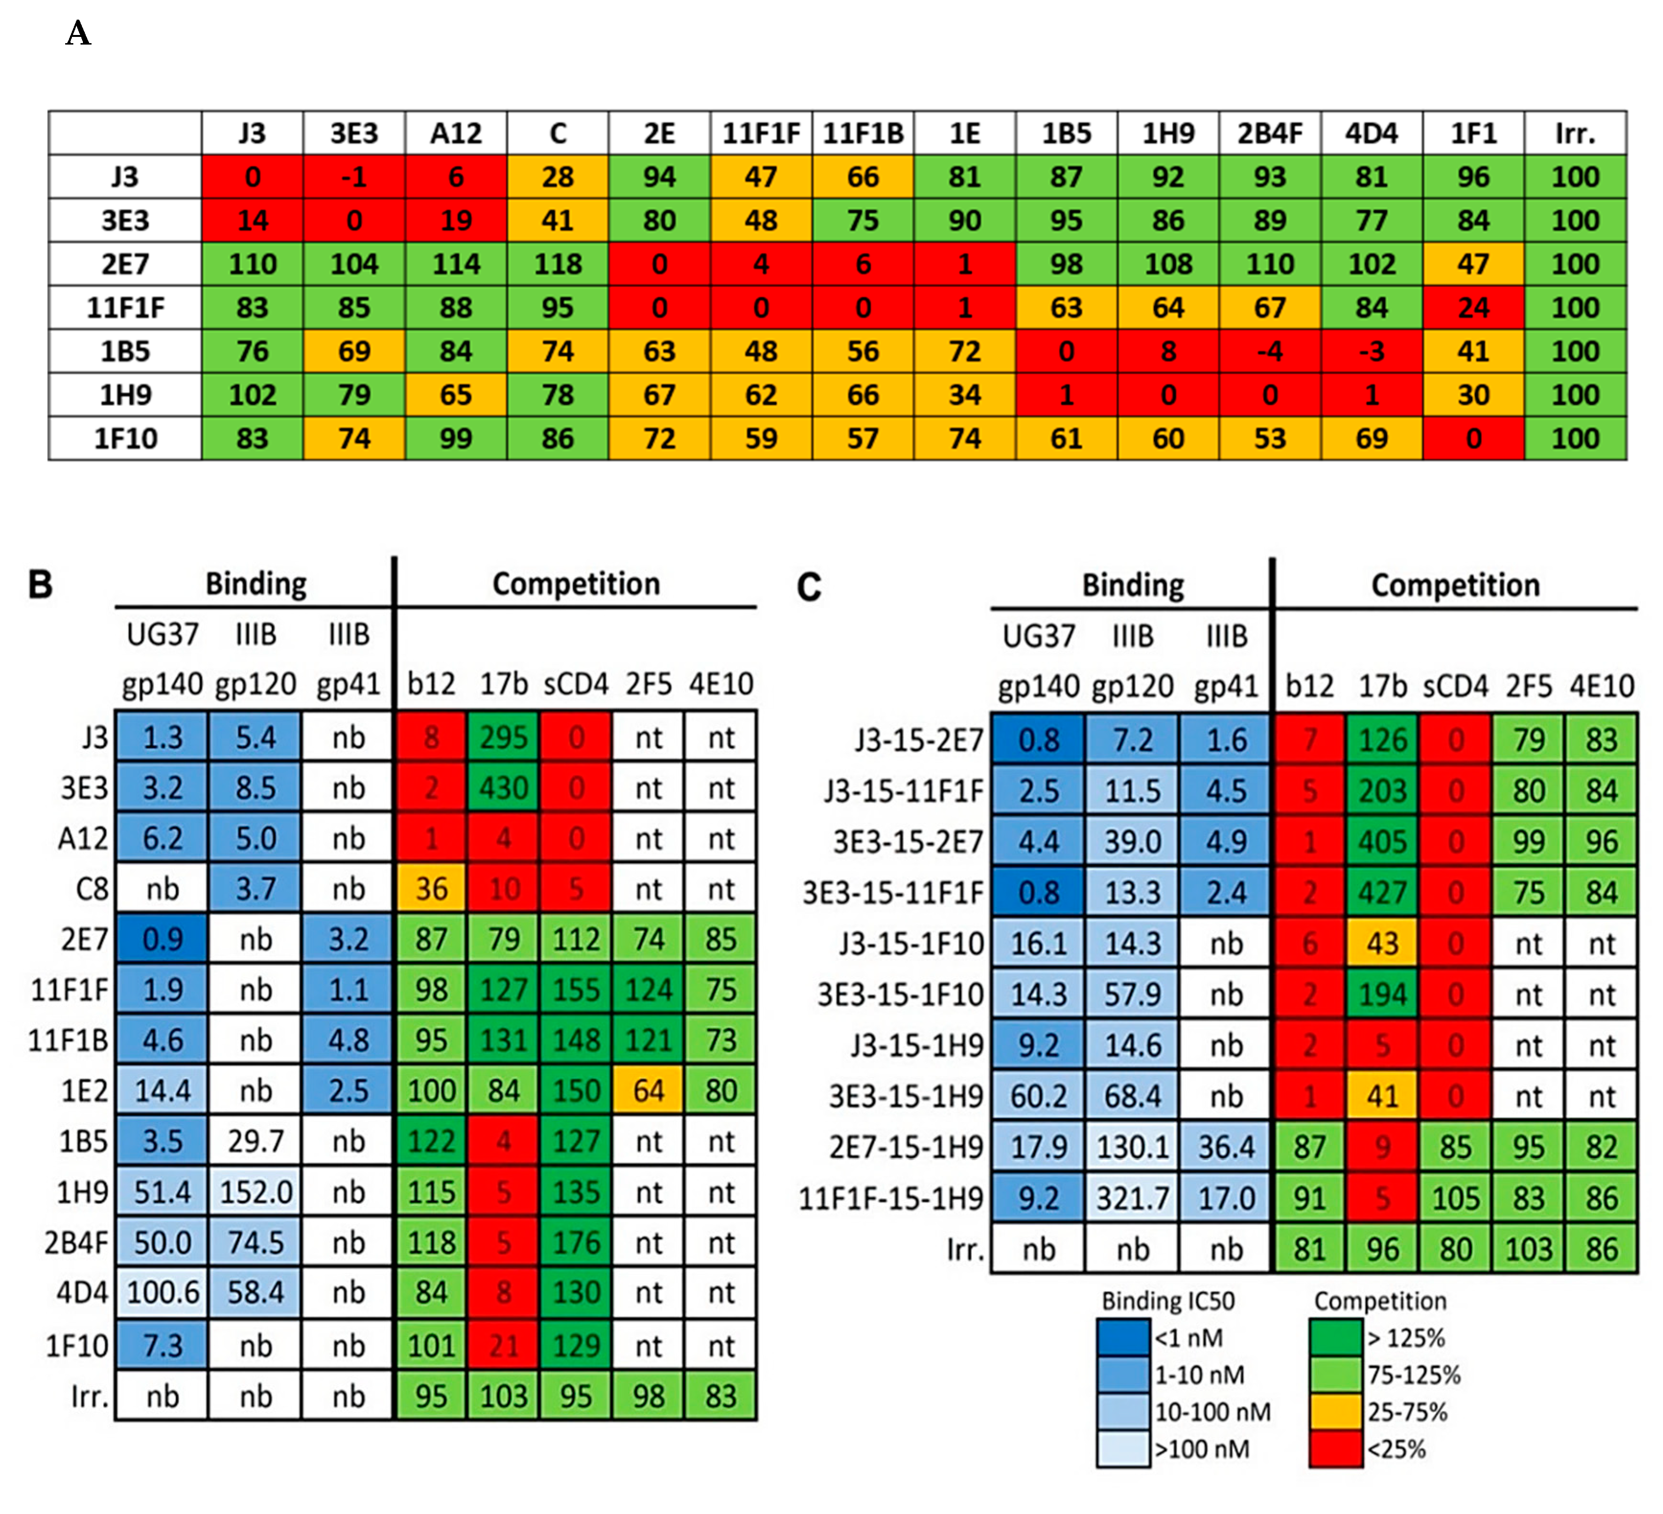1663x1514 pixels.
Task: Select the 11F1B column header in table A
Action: pos(863,133)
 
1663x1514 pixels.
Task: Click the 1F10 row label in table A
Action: pos(126,438)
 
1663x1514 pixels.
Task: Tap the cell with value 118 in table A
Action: pos(558,264)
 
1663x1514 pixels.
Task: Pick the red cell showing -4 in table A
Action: pos(1270,351)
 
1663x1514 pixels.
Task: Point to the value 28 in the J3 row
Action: pos(558,176)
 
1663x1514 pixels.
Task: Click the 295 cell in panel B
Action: pos(503,738)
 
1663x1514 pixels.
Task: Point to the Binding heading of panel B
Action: pos(256,584)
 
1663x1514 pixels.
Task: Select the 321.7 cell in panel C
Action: pos(1132,1198)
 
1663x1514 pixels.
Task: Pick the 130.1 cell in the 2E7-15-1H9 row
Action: pos(1132,1147)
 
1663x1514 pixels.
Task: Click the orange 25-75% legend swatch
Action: pos(1335,1412)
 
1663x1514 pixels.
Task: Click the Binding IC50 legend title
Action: pos(1168,1301)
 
